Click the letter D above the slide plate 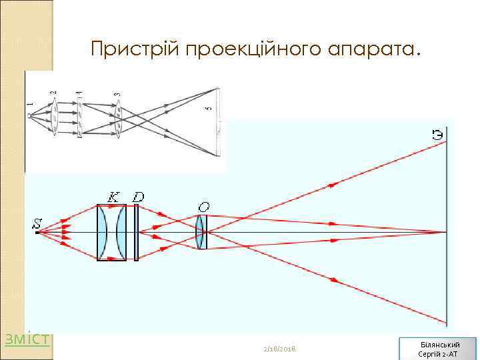coord(138,197)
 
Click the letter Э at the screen coord(437,136)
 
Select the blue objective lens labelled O coord(200,232)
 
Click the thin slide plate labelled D coord(136,232)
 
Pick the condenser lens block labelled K coord(111,232)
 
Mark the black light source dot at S coord(36,233)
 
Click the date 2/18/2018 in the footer coord(280,349)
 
